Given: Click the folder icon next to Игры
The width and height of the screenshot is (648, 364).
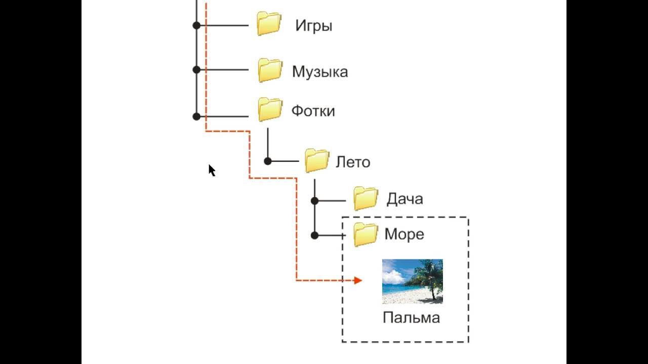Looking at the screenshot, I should point(269,24).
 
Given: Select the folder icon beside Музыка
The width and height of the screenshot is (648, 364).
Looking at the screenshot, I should point(270,70).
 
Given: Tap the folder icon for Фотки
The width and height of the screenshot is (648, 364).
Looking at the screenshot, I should point(270,109).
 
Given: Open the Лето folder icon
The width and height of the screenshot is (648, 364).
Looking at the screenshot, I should point(317,161).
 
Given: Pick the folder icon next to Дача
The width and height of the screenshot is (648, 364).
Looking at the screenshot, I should point(366,198).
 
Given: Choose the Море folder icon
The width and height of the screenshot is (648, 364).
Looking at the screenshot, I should point(366,234).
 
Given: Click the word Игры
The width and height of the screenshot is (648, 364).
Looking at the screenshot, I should point(314,26).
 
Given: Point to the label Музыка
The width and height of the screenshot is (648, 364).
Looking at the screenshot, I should point(319,72).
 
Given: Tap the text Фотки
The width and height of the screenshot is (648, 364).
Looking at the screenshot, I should point(313,111).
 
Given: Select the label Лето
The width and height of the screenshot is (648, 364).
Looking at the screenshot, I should point(353,162).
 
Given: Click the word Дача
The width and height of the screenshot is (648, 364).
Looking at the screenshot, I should point(404,199).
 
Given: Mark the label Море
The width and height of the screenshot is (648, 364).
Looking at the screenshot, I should point(404,235).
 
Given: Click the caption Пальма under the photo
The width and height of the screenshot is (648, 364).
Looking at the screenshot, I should point(411,318).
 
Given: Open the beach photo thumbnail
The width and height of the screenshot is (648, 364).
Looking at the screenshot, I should point(412,282).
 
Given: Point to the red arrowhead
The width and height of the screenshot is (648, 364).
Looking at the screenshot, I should point(358,280).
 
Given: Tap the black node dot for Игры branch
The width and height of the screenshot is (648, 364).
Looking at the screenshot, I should point(196,25).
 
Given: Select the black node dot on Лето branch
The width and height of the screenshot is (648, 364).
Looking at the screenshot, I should point(268,161).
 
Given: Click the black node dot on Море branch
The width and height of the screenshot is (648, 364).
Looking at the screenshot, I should point(314,235).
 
